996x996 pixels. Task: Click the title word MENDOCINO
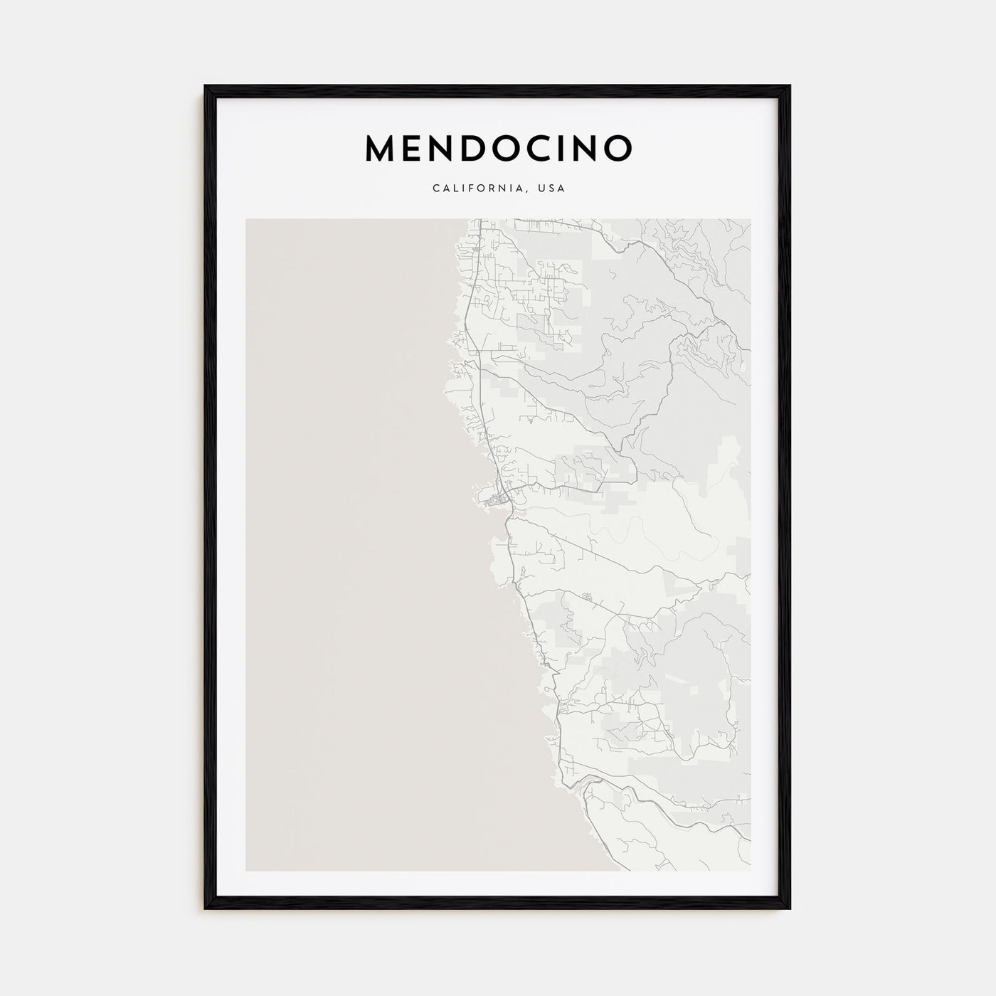pyautogui.click(x=498, y=147)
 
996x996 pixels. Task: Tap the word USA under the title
pyautogui.click(x=552, y=189)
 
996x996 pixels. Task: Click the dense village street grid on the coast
pyautogui.click(x=491, y=502)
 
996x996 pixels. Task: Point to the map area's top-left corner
pyautogui.click(x=246, y=219)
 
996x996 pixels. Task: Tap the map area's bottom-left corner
pyautogui.click(x=246, y=871)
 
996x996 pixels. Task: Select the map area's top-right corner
pyautogui.click(x=750, y=219)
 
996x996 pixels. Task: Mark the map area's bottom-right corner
pyautogui.click(x=750, y=871)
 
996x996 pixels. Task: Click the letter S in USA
pyautogui.click(x=552, y=189)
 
